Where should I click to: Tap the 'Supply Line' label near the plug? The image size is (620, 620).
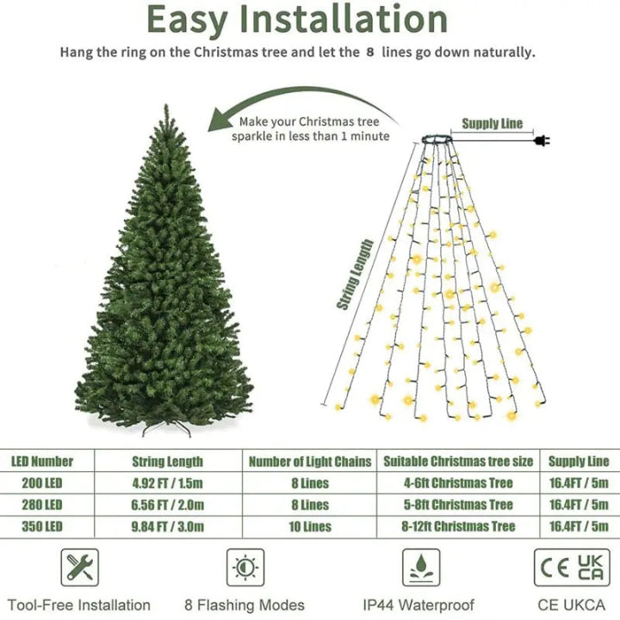coord(492,124)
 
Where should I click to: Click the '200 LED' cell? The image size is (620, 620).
coord(42,483)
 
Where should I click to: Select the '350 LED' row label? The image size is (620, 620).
coord(42,526)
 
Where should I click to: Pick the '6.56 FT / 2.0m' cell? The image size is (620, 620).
coord(167,505)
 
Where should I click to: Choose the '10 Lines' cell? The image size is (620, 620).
coord(310,526)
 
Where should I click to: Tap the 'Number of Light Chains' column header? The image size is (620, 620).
coord(310,462)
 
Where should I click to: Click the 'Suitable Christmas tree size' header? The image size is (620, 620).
coord(458,462)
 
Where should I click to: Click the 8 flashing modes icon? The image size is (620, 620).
coord(245,567)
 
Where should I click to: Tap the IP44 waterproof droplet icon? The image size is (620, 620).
coord(421,567)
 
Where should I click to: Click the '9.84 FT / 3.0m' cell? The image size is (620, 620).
coord(167,526)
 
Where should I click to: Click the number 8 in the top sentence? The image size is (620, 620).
coord(370,53)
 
